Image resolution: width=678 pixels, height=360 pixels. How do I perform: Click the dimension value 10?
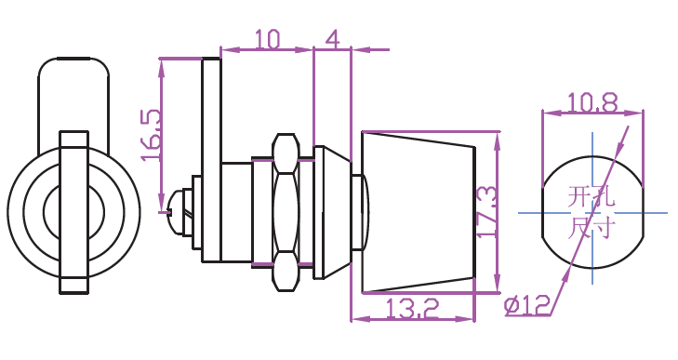268,38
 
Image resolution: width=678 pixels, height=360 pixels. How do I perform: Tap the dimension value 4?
332,38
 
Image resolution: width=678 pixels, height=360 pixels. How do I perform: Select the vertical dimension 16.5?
152,135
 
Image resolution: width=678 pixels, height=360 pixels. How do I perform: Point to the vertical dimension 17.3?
486,211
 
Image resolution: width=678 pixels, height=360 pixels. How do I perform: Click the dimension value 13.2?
412,308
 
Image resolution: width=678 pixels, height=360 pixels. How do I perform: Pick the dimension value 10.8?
592,103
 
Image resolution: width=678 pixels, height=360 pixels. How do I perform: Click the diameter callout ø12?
526,305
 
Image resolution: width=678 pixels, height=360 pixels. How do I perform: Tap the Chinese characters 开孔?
592,197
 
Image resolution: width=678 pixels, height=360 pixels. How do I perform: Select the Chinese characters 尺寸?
592,228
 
